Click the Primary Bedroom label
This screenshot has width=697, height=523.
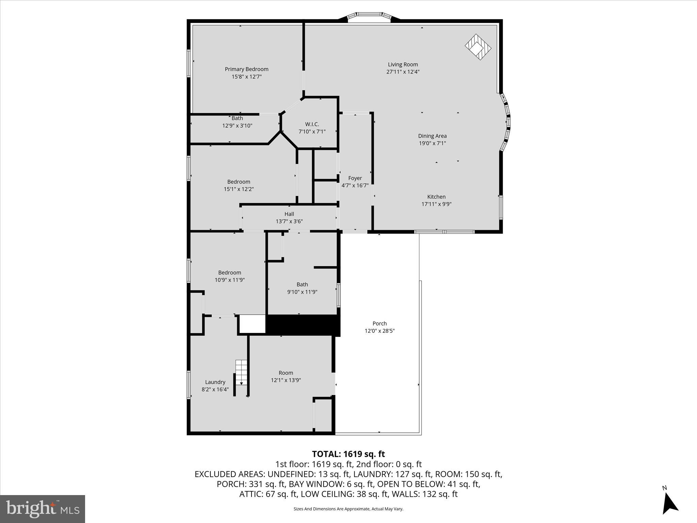[246, 69]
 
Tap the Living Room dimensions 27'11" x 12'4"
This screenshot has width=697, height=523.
[403, 72]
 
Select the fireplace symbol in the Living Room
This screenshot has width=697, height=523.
[478, 47]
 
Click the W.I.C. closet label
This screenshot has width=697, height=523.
[312, 124]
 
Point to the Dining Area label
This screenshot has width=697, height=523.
[432, 136]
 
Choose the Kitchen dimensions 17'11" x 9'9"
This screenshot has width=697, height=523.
[436, 204]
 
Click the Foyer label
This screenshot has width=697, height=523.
[355, 178]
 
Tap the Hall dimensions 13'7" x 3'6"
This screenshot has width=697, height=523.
[289, 221]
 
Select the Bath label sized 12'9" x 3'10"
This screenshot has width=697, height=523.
[237, 118]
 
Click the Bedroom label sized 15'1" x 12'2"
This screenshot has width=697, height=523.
[239, 182]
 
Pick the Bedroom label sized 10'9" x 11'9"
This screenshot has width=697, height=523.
[230, 272]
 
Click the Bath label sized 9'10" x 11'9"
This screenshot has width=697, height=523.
[302, 284]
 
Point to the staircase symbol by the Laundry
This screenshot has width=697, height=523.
[241, 372]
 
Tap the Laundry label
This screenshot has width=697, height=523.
[215, 382]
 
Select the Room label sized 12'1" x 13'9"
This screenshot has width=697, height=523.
[286, 373]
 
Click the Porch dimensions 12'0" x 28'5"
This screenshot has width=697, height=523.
[379, 331]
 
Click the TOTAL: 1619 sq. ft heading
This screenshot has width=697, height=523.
[348, 454]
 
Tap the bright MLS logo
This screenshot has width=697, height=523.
[43, 509]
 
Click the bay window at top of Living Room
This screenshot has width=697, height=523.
[369, 16]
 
